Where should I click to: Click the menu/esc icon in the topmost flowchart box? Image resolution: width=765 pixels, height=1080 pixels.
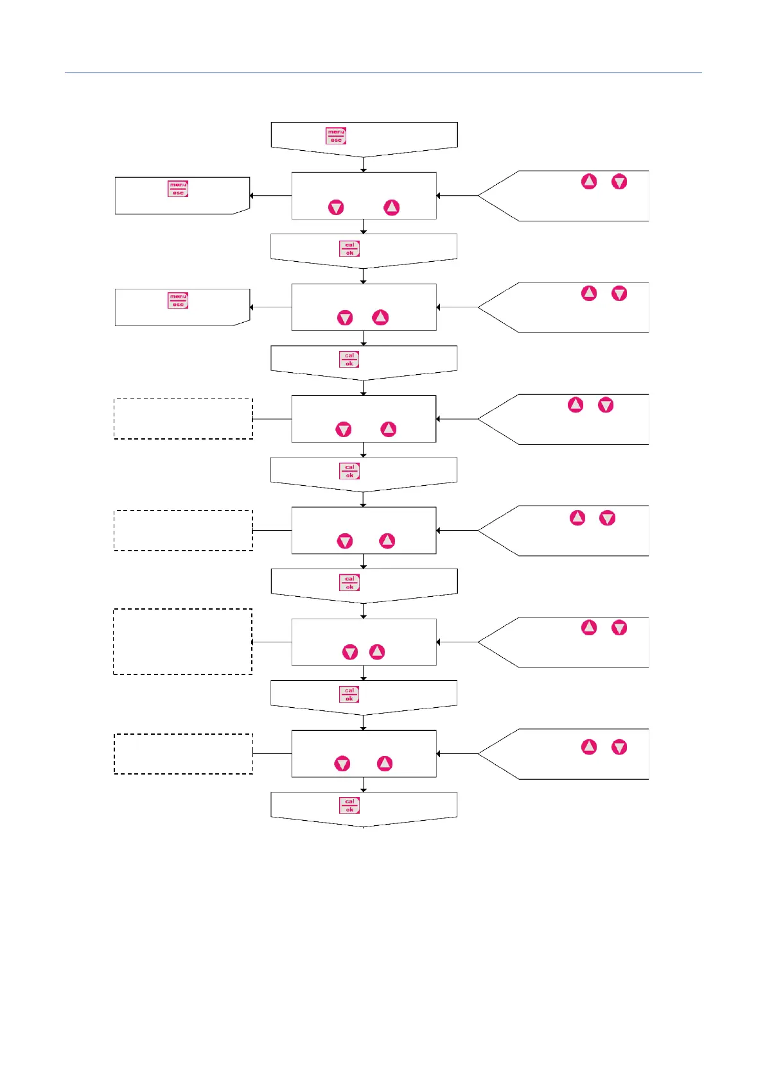(x=336, y=135)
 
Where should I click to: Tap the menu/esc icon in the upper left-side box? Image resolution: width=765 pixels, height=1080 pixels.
(x=178, y=189)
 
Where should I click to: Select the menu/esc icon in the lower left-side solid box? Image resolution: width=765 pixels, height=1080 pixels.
(x=178, y=300)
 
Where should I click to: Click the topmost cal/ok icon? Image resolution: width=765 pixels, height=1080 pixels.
(x=349, y=248)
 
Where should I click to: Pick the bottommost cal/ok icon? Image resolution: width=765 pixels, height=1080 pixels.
(x=349, y=805)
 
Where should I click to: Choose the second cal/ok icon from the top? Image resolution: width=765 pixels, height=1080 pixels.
(x=349, y=359)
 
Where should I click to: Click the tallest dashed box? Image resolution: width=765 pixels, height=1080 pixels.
(x=183, y=641)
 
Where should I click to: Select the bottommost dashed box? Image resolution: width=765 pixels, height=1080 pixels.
(x=183, y=753)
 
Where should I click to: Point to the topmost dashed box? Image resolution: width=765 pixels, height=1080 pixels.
(x=183, y=418)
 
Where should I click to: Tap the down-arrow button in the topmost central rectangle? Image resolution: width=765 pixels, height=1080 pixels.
(x=336, y=207)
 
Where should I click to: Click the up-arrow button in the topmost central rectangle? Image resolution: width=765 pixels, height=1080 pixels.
(x=391, y=207)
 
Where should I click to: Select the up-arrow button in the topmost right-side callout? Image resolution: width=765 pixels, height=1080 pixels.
(x=589, y=182)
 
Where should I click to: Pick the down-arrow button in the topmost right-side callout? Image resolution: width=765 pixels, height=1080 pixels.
(x=619, y=182)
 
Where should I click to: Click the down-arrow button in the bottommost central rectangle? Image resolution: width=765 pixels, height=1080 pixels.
(x=342, y=763)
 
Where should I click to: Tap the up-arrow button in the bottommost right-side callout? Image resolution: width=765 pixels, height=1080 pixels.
(x=589, y=746)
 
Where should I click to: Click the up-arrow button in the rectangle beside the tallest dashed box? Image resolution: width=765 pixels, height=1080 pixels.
(x=377, y=652)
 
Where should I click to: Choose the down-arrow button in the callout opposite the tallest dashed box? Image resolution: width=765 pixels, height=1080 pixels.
(x=619, y=628)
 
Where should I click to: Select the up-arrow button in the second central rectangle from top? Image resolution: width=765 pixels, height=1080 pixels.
(x=380, y=317)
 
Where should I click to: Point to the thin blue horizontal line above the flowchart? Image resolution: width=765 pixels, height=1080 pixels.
(x=383, y=73)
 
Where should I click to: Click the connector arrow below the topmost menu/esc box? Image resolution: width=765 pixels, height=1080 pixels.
(x=364, y=165)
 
